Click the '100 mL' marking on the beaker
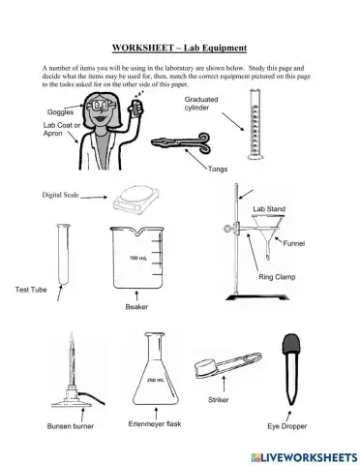137,258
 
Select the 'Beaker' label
135,308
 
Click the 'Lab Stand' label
268,208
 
